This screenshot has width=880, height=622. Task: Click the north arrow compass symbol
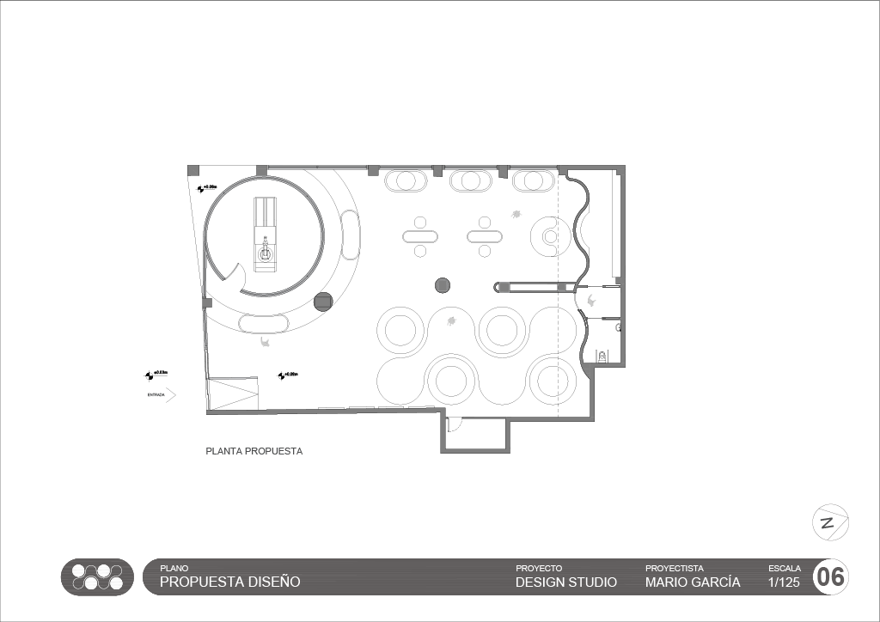[830, 522]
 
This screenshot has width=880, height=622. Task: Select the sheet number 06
[830, 577]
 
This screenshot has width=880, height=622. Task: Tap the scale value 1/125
[783, 582]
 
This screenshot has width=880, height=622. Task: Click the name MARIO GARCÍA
[693, 582]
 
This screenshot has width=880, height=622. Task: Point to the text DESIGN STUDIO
[566, 582]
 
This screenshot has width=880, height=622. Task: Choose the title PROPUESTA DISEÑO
[230, 582]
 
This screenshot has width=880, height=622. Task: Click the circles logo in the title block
[97, 577]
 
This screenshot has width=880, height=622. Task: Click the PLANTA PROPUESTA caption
[254, 451]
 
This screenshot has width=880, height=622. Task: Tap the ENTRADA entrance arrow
[170, 395]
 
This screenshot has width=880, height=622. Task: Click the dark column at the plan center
[443, 285]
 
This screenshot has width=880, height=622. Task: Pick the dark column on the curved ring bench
[323, 302]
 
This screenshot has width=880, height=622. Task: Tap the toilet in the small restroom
[602, 355]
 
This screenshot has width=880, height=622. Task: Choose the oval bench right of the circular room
[350, 234]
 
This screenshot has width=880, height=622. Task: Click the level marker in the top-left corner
[206, 187]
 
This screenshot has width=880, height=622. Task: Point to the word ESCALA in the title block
[784, 569]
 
